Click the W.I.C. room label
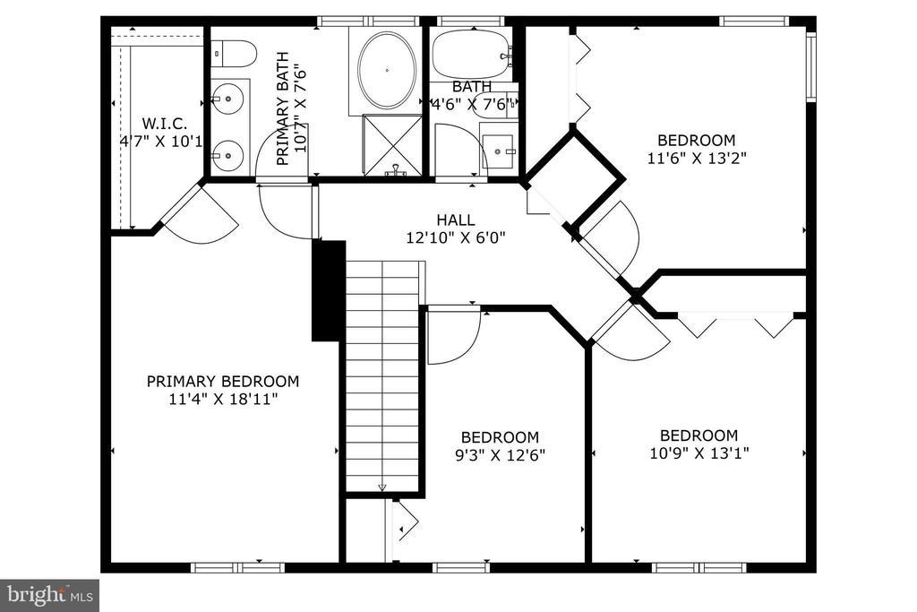pos(165,124)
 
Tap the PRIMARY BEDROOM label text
pos(223,382)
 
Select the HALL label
pos(456,220)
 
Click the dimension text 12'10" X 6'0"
pos(456,237)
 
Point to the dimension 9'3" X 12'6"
pos(500,455)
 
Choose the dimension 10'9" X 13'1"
pos(699,453)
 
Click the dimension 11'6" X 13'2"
pos(697,158)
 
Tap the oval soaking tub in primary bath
pos(387,70)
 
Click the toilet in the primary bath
pos(234,54)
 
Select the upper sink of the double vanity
pos(227,99)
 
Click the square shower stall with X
pos(392,145)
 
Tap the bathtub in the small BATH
pos(471,54)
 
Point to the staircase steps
pos(383,375)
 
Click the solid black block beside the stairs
pos(329,291)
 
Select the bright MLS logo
pos(50,596)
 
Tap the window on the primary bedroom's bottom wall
pos(237,567)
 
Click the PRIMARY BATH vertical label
pos(291,108)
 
